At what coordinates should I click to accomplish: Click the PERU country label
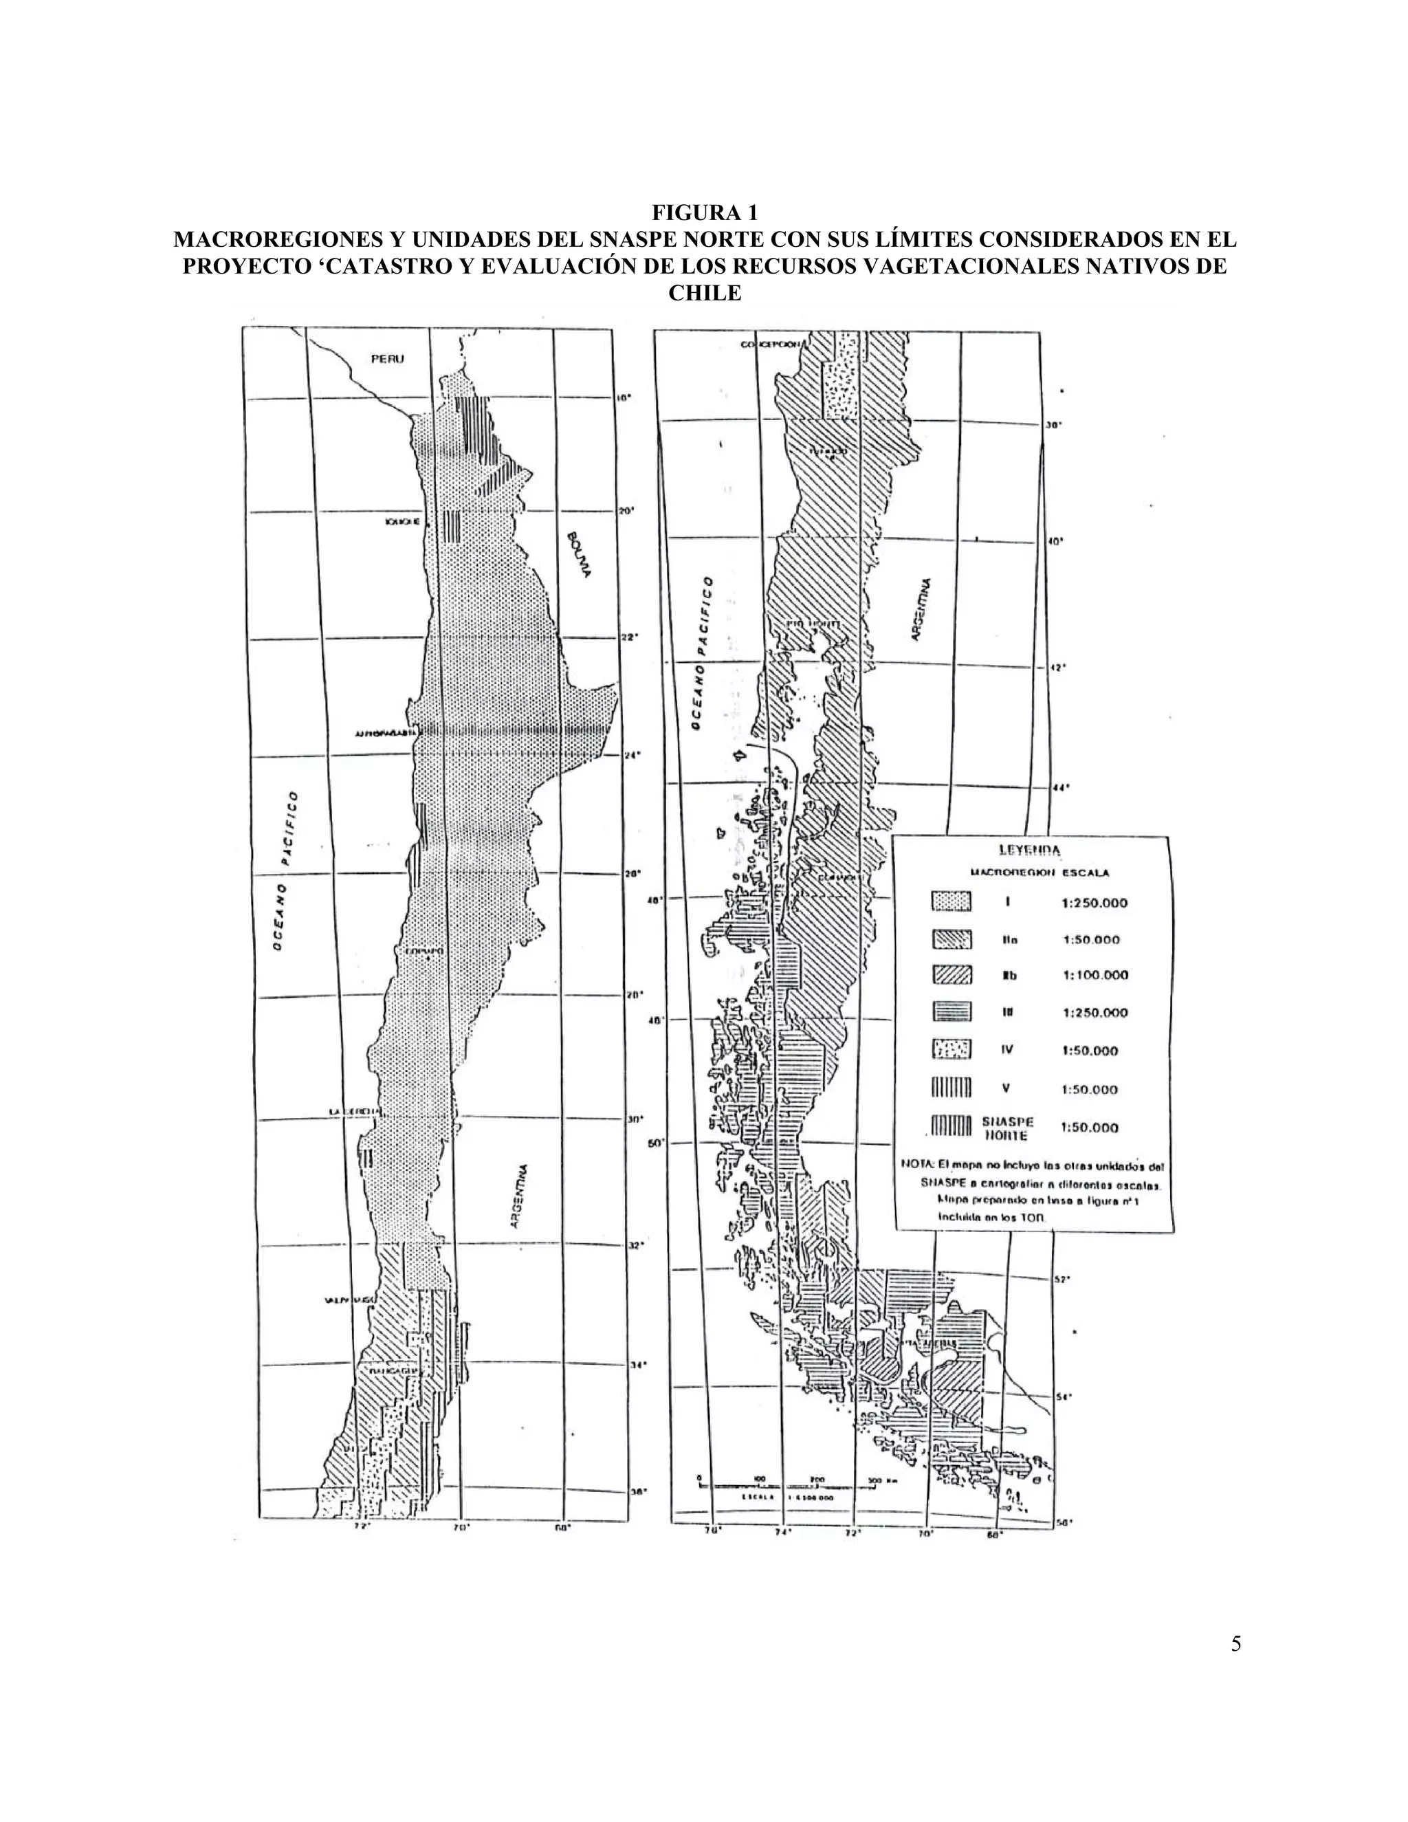387,359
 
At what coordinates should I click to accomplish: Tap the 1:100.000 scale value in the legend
1095,974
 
